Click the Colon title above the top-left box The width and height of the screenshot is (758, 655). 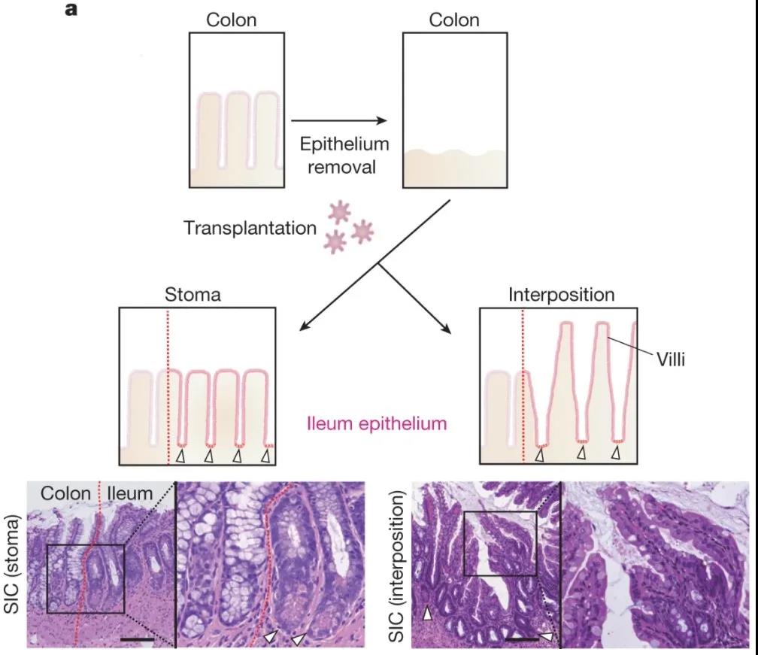[x=232, y=20]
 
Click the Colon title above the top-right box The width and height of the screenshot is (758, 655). [x=454, y=20]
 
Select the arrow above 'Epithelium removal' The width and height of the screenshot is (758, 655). [x=338, y=120]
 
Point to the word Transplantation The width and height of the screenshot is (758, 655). [x=250, y=227]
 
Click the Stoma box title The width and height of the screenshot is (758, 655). [x=193, y=294]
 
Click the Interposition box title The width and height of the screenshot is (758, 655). [x=561, y=294]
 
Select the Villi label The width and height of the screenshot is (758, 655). [x=669, y=360]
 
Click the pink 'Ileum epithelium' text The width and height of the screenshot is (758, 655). [x=377, y=424]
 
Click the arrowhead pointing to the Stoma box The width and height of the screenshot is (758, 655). [x=305, y=326]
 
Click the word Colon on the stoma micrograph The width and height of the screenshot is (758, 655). [x=66, y=493]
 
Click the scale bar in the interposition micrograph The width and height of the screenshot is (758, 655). [x=522, y=638]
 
